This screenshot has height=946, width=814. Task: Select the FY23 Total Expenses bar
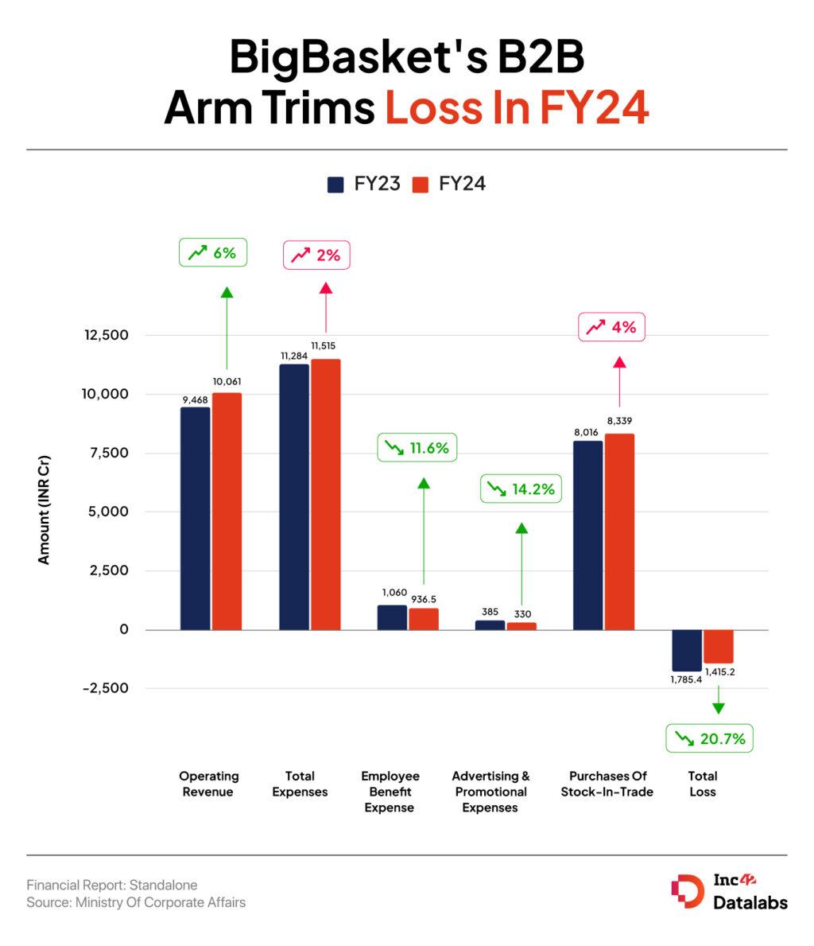294,496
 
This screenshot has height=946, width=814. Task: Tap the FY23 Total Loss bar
687,650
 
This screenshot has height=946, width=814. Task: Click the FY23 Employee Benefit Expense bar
392,617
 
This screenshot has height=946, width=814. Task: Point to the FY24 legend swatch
421,185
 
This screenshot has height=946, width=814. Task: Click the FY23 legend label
378,185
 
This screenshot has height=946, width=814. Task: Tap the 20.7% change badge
709,739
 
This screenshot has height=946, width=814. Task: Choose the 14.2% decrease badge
521,489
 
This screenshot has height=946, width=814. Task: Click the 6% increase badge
212,253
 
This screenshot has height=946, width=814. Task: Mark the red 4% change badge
610,327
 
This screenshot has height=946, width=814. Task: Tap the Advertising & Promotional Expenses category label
490,792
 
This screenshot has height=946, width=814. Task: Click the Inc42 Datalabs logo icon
688,891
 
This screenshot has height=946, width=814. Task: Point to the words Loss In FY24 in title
517,107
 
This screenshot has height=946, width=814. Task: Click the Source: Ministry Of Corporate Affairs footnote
136,902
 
